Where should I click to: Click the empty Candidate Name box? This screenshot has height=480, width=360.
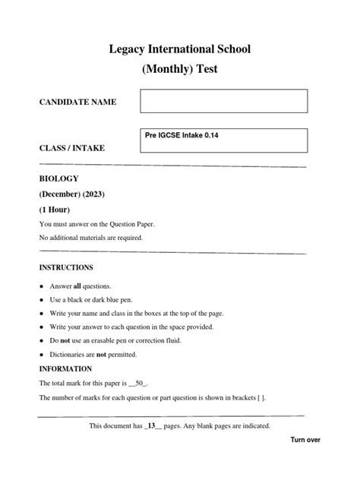[223, 101]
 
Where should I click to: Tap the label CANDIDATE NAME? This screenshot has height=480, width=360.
[77, 102]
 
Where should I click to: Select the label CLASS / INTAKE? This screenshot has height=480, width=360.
[72, 147]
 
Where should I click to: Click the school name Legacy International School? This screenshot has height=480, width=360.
[180, 50]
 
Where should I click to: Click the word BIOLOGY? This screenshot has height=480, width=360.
[58, 178]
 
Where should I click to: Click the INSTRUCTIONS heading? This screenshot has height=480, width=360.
[66, 267]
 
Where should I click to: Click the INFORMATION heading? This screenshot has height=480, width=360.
[65, 369]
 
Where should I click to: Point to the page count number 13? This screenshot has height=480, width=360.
[154, 426]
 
